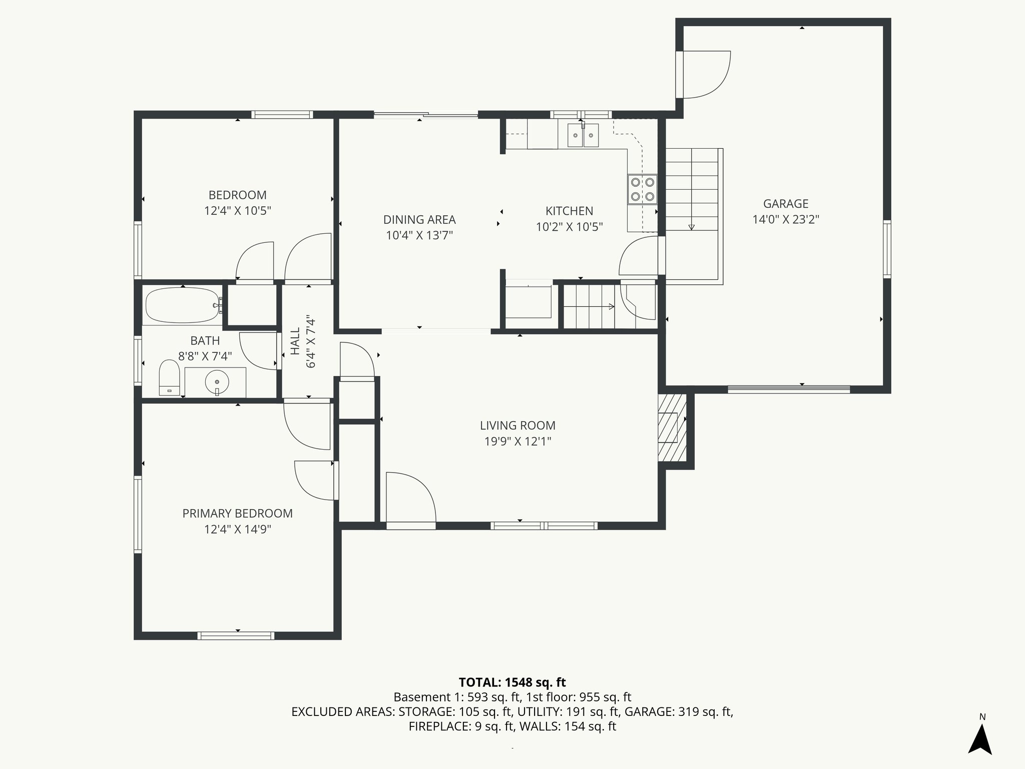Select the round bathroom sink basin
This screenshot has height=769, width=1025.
coord(217,382)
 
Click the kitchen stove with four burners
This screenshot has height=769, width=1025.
coord(642,189)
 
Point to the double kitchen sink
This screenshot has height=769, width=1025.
coord(583,135)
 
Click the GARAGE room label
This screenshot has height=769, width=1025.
coord(785,204)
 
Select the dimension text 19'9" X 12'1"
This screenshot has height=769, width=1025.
coord(518,442)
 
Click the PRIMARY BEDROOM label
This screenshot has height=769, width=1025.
coord(237,513)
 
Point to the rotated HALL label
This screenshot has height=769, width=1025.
coord(295,341)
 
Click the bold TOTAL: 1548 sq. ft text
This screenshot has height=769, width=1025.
coord(512,682)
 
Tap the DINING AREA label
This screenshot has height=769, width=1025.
coord(419,219)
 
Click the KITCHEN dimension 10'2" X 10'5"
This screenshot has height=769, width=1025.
coord(569,227)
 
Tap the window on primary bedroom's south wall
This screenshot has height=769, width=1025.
coord(236,636)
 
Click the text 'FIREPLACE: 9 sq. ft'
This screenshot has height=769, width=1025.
coord(460,726)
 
